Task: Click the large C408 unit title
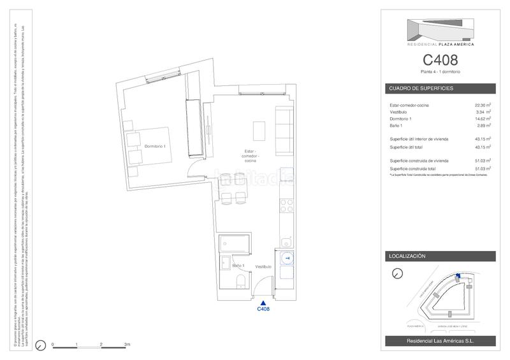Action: click(x=441, y=61)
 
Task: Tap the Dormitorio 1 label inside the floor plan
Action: click(x=155, y=147)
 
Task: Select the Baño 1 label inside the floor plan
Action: click(x=238, y=265)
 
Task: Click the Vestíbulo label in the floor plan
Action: click(x=264, y=266)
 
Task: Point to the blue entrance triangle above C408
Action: click(x=263, y=302)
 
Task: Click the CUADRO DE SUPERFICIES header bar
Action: click(x=441, y=88)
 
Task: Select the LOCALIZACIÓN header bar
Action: click(x=441, y=256)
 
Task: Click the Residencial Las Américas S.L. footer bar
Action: click(x=441, y=342)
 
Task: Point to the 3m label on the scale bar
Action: click(x=127, y=344)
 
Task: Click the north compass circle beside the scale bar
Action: click(x=40, y=346)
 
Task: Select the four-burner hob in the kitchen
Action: click(x=286, y=206)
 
